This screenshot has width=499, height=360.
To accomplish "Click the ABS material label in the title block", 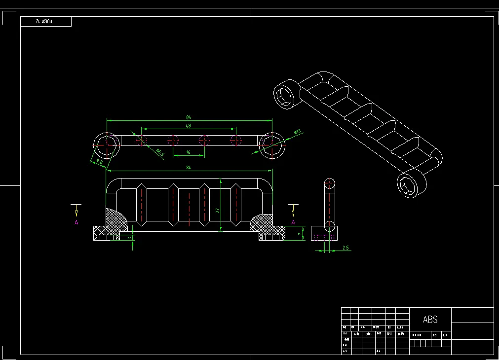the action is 430,320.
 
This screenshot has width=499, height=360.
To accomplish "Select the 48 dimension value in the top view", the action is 188,126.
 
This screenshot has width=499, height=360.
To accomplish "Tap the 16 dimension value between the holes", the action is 188,153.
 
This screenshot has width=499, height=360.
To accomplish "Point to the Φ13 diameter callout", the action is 298,132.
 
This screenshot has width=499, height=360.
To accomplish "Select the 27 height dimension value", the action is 218,210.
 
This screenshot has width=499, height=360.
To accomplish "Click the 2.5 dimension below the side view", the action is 345,248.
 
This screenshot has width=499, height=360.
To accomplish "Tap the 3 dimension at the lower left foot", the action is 129,238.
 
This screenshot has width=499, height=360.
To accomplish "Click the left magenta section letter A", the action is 77,222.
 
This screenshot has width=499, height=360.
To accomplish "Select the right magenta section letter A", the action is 293,222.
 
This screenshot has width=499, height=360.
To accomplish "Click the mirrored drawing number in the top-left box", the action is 45,22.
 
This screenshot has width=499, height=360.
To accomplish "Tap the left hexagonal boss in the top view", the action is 107,144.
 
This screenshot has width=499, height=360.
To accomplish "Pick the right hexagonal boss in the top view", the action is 272,144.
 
